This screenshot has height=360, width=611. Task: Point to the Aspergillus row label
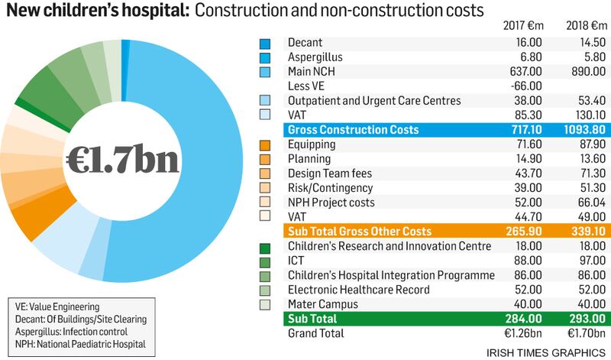[x=315, y=57]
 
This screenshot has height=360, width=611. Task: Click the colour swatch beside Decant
[x=265, y=43]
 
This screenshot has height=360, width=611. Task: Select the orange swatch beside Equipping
[x=265, y=144]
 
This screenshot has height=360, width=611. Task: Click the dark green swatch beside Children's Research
[x=265, y=247]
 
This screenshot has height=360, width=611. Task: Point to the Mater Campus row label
[x=321, y=304]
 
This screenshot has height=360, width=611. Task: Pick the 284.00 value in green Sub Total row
[x=522, y=319]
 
